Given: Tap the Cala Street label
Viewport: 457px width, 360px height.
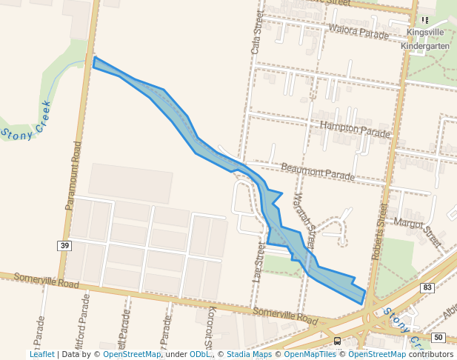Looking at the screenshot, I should [256, 35].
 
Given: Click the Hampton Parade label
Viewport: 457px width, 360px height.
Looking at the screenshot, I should [356, 130].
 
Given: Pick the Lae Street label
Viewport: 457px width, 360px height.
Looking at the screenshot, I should [259, 263].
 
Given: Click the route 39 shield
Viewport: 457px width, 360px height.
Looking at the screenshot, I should [66, 245].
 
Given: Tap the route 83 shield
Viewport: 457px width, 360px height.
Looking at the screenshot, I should [427, 287].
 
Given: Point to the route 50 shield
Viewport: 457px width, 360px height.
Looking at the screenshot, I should [438, 338].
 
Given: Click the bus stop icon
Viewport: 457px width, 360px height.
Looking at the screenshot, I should [338, 341].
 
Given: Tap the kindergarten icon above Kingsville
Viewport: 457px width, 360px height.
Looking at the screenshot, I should [425, 20].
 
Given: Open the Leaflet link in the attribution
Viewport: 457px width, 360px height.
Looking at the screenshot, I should [42, 355].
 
